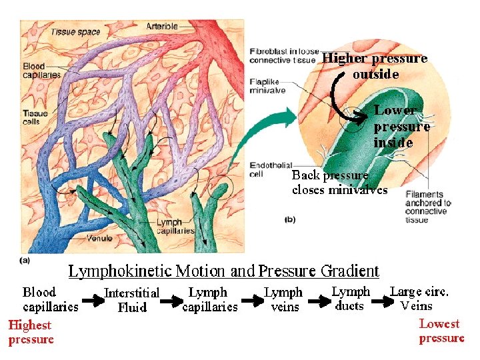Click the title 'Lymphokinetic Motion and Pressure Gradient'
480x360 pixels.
pyautogui.click(x=224, y=271)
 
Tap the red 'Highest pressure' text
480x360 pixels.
pyautogui.click(x=31, y=332)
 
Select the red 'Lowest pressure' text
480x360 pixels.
pyautogui.click(x=441, y=331)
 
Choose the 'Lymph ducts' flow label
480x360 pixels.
pyautogui.click(x=351, y=298)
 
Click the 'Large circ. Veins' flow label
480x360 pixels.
pyautogui.click(x=419, y=298)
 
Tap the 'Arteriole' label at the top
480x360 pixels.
pyautogui.click(x=162, y=26)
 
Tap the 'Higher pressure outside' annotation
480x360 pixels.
pyautogui.click(x=375, y=66)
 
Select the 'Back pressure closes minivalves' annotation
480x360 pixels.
pyautogui.click(x=339, y=183)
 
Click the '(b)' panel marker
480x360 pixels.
pyautogui.click(x=290, y=219)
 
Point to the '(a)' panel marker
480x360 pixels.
pyautogui.click(x=25, y=260)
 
